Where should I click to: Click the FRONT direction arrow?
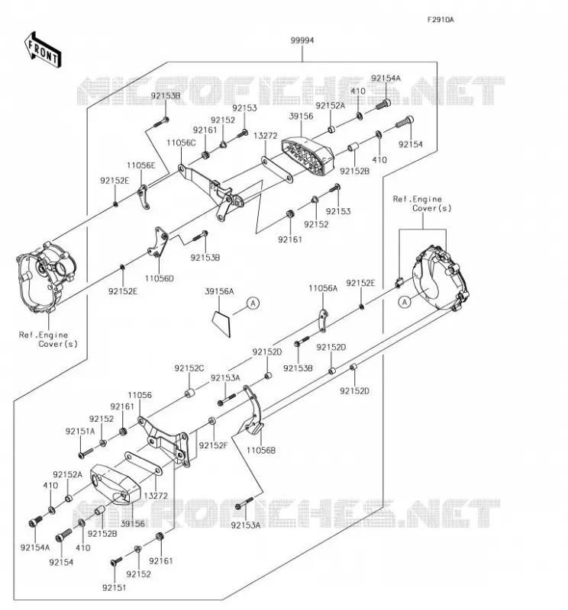[43, 50]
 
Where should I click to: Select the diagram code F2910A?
[441, 20]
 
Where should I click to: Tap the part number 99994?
[302, 40]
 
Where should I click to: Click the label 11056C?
[181, 143]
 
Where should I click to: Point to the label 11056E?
[141, 165]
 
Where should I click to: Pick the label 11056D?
[160, 278]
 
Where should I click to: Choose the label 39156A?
[219, 291]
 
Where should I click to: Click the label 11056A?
[323, 288]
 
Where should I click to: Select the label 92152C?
[189, 368]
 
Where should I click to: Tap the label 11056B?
[261, 451]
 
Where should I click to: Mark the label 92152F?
[213, 445]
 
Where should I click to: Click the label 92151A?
[80, 431]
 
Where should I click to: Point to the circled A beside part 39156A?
[253, 303]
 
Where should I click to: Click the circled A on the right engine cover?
[405, 302]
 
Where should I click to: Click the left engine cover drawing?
[46, 277]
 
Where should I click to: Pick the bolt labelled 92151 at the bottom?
[116, 561]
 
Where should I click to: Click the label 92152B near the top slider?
[354, 171]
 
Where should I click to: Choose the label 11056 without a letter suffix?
[140, 395]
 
